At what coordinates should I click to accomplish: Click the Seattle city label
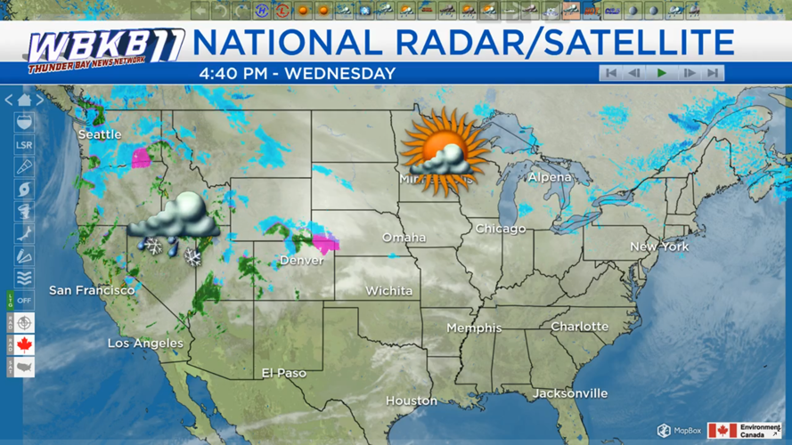(100, 134)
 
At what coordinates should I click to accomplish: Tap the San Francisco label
(92, 290)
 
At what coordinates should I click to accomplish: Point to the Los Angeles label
(145, 343)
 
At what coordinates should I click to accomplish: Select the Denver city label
(302, 261)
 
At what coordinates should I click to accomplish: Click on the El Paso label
(284, 373)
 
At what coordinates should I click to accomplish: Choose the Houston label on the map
(412, 400)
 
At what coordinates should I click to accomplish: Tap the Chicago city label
(501, 229)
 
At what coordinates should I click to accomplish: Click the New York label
(659, 246)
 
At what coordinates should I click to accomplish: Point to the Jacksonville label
(570, 392)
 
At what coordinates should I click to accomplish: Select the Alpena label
(550, 177)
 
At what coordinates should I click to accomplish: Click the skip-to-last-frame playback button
(712, 73)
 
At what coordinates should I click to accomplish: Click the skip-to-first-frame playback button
(610, 73)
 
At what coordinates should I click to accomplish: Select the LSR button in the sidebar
(24, 145)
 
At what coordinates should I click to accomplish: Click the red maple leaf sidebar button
(24, 344)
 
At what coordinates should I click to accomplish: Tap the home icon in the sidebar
(24, 101)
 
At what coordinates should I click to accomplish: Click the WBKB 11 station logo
(105, 50)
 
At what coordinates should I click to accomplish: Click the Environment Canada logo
(745, 431)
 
